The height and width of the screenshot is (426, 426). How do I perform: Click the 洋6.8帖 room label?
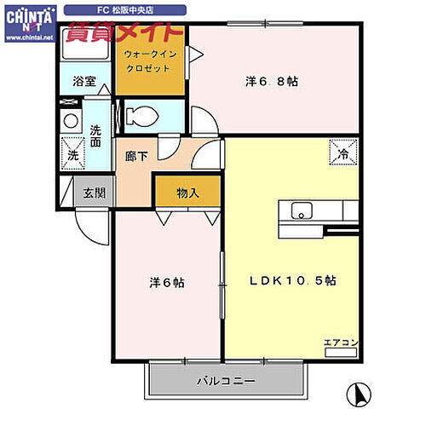271,82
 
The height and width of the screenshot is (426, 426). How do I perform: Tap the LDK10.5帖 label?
291,280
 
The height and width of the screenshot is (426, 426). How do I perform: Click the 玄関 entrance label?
95,193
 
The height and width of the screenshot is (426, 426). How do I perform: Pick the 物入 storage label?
187,193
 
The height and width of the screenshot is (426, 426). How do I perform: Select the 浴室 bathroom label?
83,83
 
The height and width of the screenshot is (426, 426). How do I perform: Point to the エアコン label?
341,343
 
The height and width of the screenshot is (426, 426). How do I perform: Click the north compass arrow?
360,395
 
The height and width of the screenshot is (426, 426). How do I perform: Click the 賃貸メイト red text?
124,36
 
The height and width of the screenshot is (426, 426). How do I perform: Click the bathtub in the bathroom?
83,49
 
